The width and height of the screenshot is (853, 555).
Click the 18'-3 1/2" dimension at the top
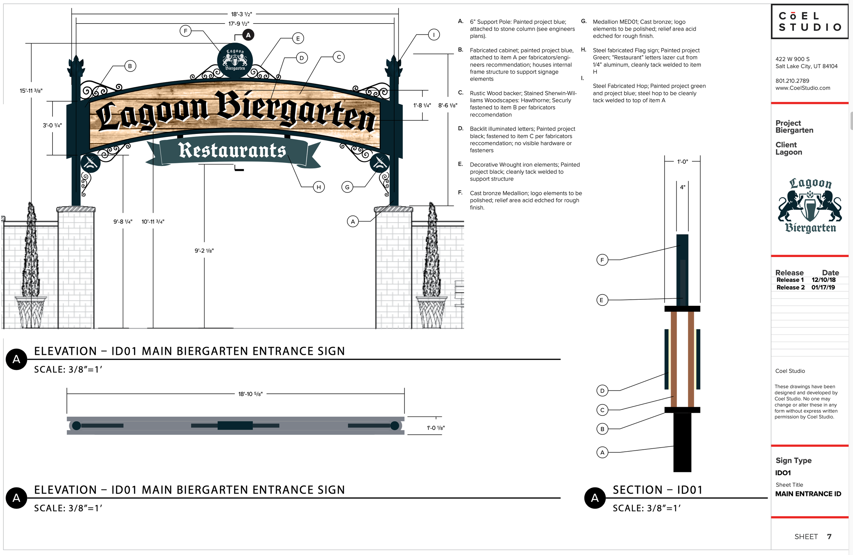(241, 14)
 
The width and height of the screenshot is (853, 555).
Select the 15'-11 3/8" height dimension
(31, 91)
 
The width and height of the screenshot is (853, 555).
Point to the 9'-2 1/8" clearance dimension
(204, 251)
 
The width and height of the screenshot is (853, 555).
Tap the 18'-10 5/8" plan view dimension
(250, 394)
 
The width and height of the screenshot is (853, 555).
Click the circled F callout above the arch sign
(185, 31)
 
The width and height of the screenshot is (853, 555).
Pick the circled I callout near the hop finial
(434, 35)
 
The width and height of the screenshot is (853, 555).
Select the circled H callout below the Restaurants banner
(319, 187)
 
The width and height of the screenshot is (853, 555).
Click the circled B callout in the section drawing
(602, 429)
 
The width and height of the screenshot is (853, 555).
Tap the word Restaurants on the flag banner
(232, 150)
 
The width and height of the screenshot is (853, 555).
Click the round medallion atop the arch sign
(235, 60)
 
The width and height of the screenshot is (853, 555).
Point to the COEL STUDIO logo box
(810, 21)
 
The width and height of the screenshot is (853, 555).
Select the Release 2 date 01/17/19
(823, 287)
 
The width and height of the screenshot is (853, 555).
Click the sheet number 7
(829, 536)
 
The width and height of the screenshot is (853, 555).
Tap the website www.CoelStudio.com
(803, 88)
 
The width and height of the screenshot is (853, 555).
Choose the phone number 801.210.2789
(792, 81)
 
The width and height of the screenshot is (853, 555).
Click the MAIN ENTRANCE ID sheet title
(808, 494)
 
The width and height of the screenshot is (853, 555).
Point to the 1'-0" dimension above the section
(682, 162)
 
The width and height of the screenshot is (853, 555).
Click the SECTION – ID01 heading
(657, 490)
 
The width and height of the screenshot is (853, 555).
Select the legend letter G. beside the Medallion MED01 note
(583, 21)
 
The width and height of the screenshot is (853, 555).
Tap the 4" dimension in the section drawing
(682, 187)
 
